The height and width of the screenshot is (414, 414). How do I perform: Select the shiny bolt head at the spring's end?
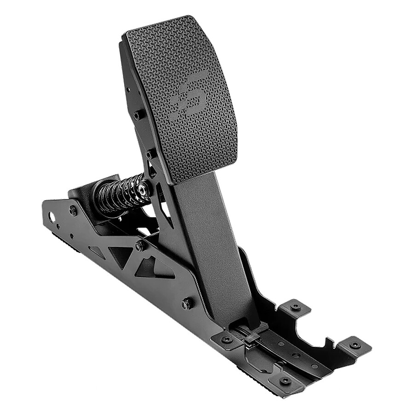[x=144, y=189]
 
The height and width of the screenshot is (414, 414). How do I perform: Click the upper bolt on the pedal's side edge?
[x=137, y=115]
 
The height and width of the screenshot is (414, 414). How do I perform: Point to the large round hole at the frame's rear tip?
[x=51, y=216]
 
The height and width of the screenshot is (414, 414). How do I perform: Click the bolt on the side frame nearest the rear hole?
[x=73, y=211]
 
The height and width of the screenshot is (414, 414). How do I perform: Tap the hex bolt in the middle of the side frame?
[x=139, y=247]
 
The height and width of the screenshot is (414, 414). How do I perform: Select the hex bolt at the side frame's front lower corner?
[x=186, y=304]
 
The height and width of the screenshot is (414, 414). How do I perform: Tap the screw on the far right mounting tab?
[x=355, y=345]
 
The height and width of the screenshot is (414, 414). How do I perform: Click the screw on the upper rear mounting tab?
[x=295, y=306]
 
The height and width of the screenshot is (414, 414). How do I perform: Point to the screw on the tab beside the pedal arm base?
[x=226, y=339]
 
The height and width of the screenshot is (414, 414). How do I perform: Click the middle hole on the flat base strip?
[x=295, y=355]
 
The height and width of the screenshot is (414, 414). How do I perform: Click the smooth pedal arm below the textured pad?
[x=216, y=239]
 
